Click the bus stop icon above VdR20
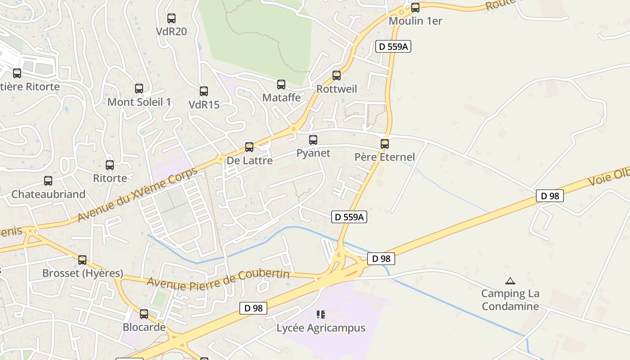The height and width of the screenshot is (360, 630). (x=171, y=18)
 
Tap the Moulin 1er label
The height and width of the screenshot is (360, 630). (x=415, y=21)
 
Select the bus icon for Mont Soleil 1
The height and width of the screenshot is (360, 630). (x=139, y=89)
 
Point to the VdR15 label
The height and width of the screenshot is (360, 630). (x=204, y=104)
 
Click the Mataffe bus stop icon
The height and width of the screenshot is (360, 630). (x=281, y=84)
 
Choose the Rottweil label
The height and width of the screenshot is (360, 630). (x=337, y=89)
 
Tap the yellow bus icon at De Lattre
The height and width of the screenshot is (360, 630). (x=249, y=147)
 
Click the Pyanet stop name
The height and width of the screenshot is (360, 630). (x=313, y=153)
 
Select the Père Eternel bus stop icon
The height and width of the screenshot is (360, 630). (x=385, y=144)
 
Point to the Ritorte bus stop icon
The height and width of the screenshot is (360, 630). (x=110, y=165)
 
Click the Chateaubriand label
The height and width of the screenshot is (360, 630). (x=48, y=194)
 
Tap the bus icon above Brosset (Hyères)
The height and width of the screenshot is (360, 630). (x=82, y=260)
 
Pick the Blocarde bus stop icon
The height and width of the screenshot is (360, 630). (x=144, y=314)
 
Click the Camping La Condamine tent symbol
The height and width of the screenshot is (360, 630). (x=510, y=281)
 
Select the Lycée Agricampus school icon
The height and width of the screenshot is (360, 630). (x=321, y=314)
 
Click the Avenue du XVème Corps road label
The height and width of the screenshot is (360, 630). (x=137, y=195)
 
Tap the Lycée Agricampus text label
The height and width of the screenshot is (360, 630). (x=321, y=328)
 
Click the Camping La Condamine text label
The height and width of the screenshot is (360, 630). (x=510, y=300)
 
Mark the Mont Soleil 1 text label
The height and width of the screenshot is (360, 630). (x=139, y=102)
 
